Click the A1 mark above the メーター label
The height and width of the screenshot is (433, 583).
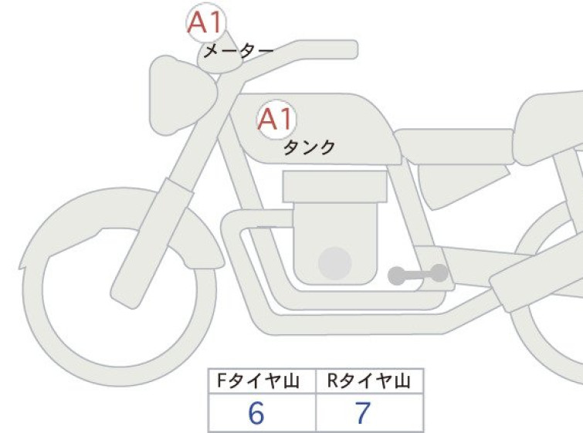[206, 22]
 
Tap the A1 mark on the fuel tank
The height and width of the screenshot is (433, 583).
[276, 120]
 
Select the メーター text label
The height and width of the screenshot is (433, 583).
[239, 51]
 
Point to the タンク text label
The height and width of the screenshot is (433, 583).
[309, 147]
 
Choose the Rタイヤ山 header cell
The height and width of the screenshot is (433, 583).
[369, 381]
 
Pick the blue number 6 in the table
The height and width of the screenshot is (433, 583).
[256, 413]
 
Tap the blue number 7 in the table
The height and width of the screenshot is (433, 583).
[362, 413]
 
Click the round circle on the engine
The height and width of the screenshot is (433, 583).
[335, 263]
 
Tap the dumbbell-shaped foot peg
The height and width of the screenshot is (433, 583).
[418, 275]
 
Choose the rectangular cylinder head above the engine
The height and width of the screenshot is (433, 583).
[334, 187]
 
